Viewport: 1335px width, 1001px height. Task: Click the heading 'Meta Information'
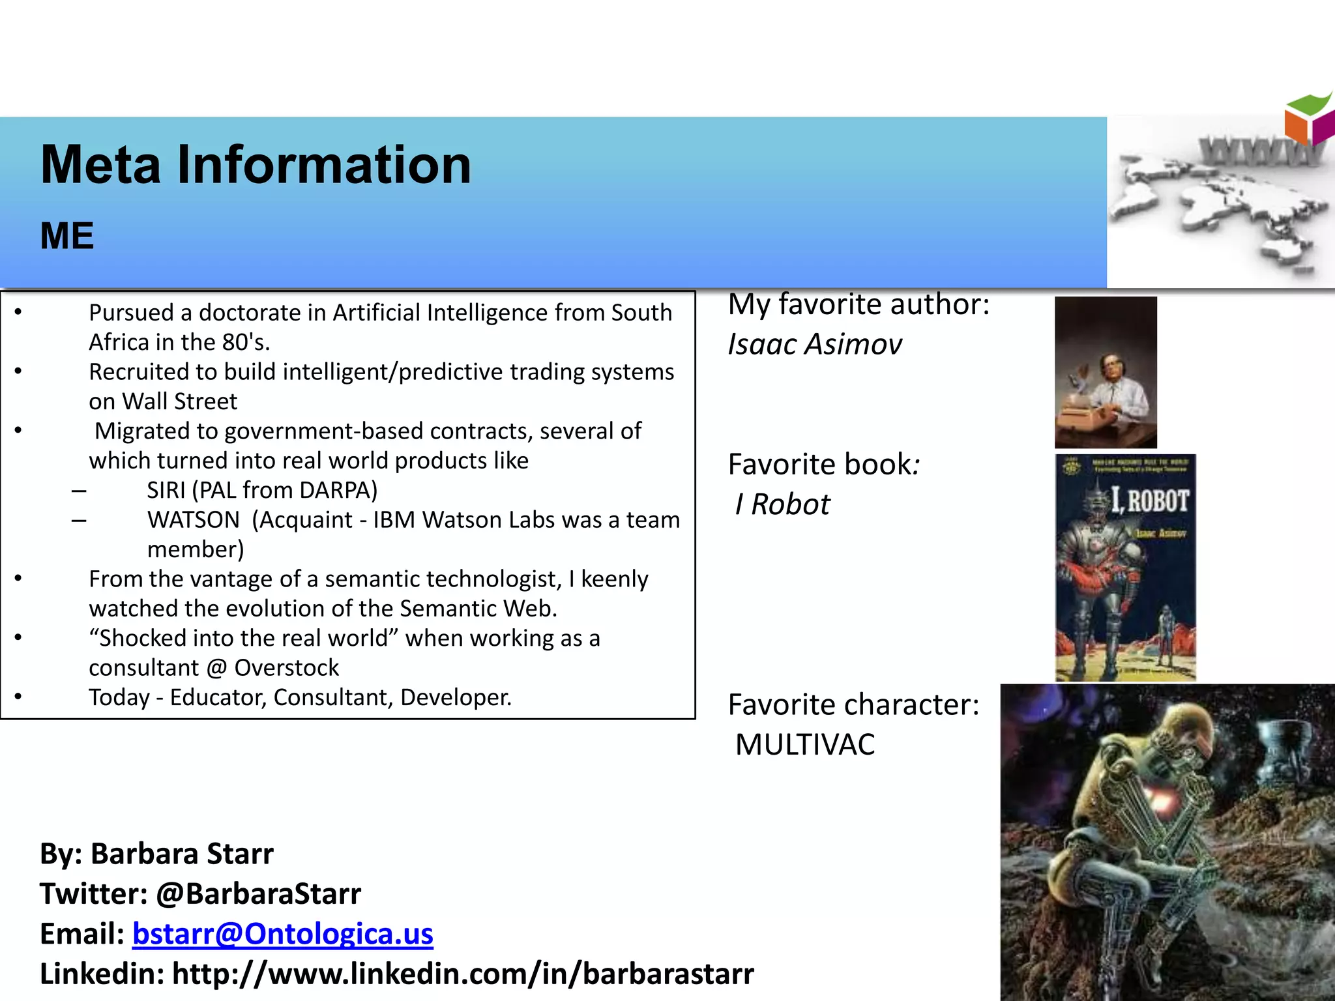click(x=256, y=165)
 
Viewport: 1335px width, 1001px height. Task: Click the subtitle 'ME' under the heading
click(x=67, y=236)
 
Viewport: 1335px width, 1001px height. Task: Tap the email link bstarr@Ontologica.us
click(x=282, y=933)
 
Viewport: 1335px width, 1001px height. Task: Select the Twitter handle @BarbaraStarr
click(x=258, y=893)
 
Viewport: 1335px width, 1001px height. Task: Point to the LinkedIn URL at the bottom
click(x=463, y=974)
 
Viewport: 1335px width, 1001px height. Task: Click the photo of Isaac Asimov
click(x=1106, y=372)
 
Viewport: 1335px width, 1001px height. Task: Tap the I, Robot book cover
click(x=1125, y=568)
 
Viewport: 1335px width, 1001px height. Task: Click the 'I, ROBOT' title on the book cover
click(x=1150, y=501)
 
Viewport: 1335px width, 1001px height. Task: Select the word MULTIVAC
click(x=805, y=744)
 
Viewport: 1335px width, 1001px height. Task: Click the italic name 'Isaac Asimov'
click(x=815, y=344)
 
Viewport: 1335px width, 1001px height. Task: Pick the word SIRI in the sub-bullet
click(x=166, y=490)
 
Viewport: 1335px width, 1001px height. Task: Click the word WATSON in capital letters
click(x=194, y=520)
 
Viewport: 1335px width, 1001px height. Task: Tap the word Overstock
click(x=287, y=668)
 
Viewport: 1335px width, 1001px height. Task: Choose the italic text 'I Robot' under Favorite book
click(x=782, y=504)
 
